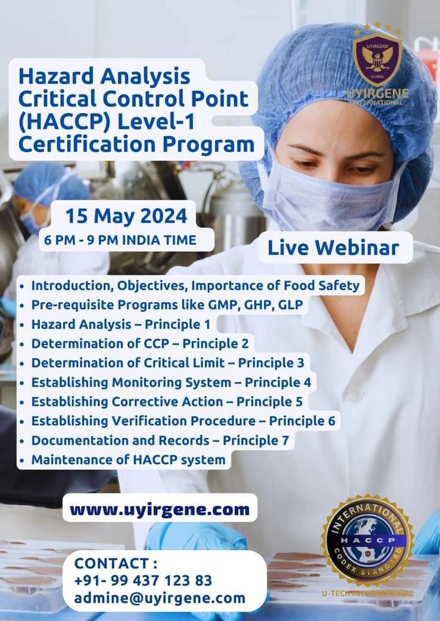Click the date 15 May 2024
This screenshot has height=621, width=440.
click(x=127, y=216)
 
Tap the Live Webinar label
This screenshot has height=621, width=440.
click(x=333, y=248)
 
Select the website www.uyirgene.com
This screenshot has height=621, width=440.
click(x=159, y=509)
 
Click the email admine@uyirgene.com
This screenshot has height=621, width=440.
click(x=159, y=598)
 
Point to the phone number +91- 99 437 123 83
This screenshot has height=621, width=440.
click(x=143, y=580)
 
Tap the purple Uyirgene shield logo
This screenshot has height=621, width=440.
click(x=377, y=60)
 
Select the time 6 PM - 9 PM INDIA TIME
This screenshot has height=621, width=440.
click(x=120, y=240)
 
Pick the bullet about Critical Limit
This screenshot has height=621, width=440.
click(x=167, y=363)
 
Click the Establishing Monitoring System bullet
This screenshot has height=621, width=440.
click(x=171, y=382)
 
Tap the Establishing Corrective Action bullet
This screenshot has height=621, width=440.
click(x=167, y=401)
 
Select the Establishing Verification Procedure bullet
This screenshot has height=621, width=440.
click(x=183, y=421)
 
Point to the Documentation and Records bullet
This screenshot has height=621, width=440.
click(x=160, y=440)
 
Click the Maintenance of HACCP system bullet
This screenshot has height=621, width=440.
click(x=128, y=459)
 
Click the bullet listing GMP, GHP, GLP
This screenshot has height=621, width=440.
click(x=167, y=304)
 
